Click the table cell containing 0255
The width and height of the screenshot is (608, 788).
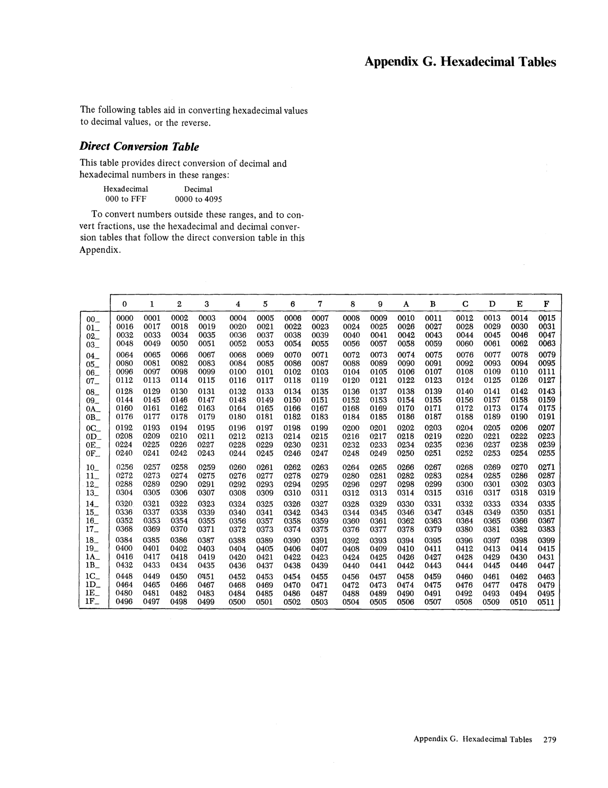pos(546,453)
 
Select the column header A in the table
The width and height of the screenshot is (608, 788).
pos(406,304)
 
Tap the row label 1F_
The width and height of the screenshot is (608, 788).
pos(92,601)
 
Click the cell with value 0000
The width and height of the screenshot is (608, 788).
pos(124,318)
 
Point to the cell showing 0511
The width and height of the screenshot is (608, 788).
pos(546,602)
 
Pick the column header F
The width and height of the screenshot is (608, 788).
pos(546,304)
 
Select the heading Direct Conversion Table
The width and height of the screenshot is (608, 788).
pos(139,146)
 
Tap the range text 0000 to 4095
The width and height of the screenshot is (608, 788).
pos(198,199)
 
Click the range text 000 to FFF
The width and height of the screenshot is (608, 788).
pos(126,199)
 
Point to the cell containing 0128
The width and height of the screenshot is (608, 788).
pos(124,391)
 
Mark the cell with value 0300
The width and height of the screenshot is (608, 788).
pos(465,484)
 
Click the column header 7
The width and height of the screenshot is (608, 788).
pos(320,304)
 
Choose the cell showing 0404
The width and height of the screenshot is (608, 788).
pos(238,549)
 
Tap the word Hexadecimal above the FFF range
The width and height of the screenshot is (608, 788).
pos(126,189)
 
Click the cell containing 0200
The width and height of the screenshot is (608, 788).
pos(351,428)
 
